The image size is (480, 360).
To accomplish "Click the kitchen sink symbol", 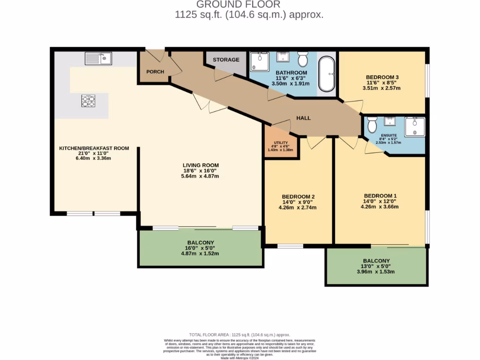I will pyautogui.click(x=98, y=58).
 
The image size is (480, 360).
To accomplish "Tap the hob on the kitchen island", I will pyautogui.click(x=88, y=100).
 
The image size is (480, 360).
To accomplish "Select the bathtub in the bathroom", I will pyautogui.click(x=327, y=75).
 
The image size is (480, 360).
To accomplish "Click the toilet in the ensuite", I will pyautogui.click(x=373, y=125).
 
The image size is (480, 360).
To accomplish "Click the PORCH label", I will pyautogui.click(x=155, y=72).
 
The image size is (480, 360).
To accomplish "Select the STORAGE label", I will pyautogui.click(x=226, y=60).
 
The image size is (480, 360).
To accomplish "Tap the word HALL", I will pyautogui.click(x=303, y=118).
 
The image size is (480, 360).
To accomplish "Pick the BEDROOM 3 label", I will pyautogui.click(x=382, y=77).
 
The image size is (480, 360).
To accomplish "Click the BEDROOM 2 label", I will pyautogui.click(x=298, y=196).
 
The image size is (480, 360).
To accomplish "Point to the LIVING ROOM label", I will pyautogui.click(x=201, y=165).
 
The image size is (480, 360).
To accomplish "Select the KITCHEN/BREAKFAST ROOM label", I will pyautogui.click(x=94, y=149).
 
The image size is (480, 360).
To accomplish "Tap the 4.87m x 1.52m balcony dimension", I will pyautogui.click(x=200, y=254).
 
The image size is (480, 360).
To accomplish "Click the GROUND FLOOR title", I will pyautogui.click(x=238, y=5).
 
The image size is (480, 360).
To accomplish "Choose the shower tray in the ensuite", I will pyautogui.click(x=415, y=127).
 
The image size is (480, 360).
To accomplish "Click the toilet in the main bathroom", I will pyautogui.click(x=302, y=59).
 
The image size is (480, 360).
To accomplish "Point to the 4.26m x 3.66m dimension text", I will pyautogui.click(x=381, y=207).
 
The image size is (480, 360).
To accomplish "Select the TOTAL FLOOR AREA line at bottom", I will pyautogui.click(x=240, y=334).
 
